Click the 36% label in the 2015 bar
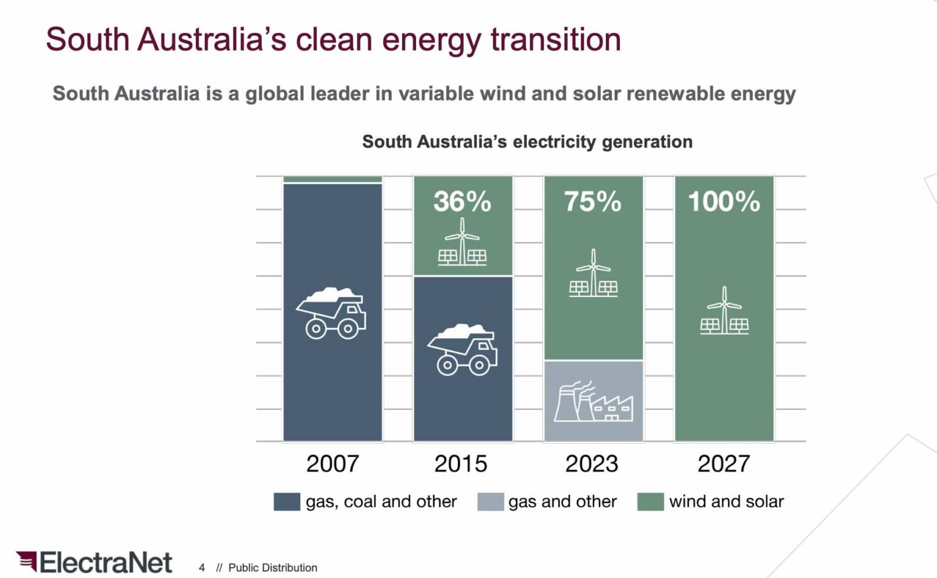click(462, 202)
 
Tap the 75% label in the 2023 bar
click(592, 202)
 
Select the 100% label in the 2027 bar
click(724, 202)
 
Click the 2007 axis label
click(332, 464)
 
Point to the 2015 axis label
click(461, 464)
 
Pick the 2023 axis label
click(591, 464)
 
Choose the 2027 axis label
click(723, 464)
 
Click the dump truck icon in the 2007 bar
click(332, 313)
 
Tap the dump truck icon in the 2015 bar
click(462, 349)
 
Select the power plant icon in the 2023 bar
click(593, 402)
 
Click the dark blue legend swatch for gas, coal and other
click(287, 502)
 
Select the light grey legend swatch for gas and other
click(490, 502)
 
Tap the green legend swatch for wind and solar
click(650, 502)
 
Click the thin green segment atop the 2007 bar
click(332, 179)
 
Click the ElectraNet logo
click(95, 562)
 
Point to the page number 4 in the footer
click(202, 568)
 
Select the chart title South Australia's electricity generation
click(527, 141)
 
